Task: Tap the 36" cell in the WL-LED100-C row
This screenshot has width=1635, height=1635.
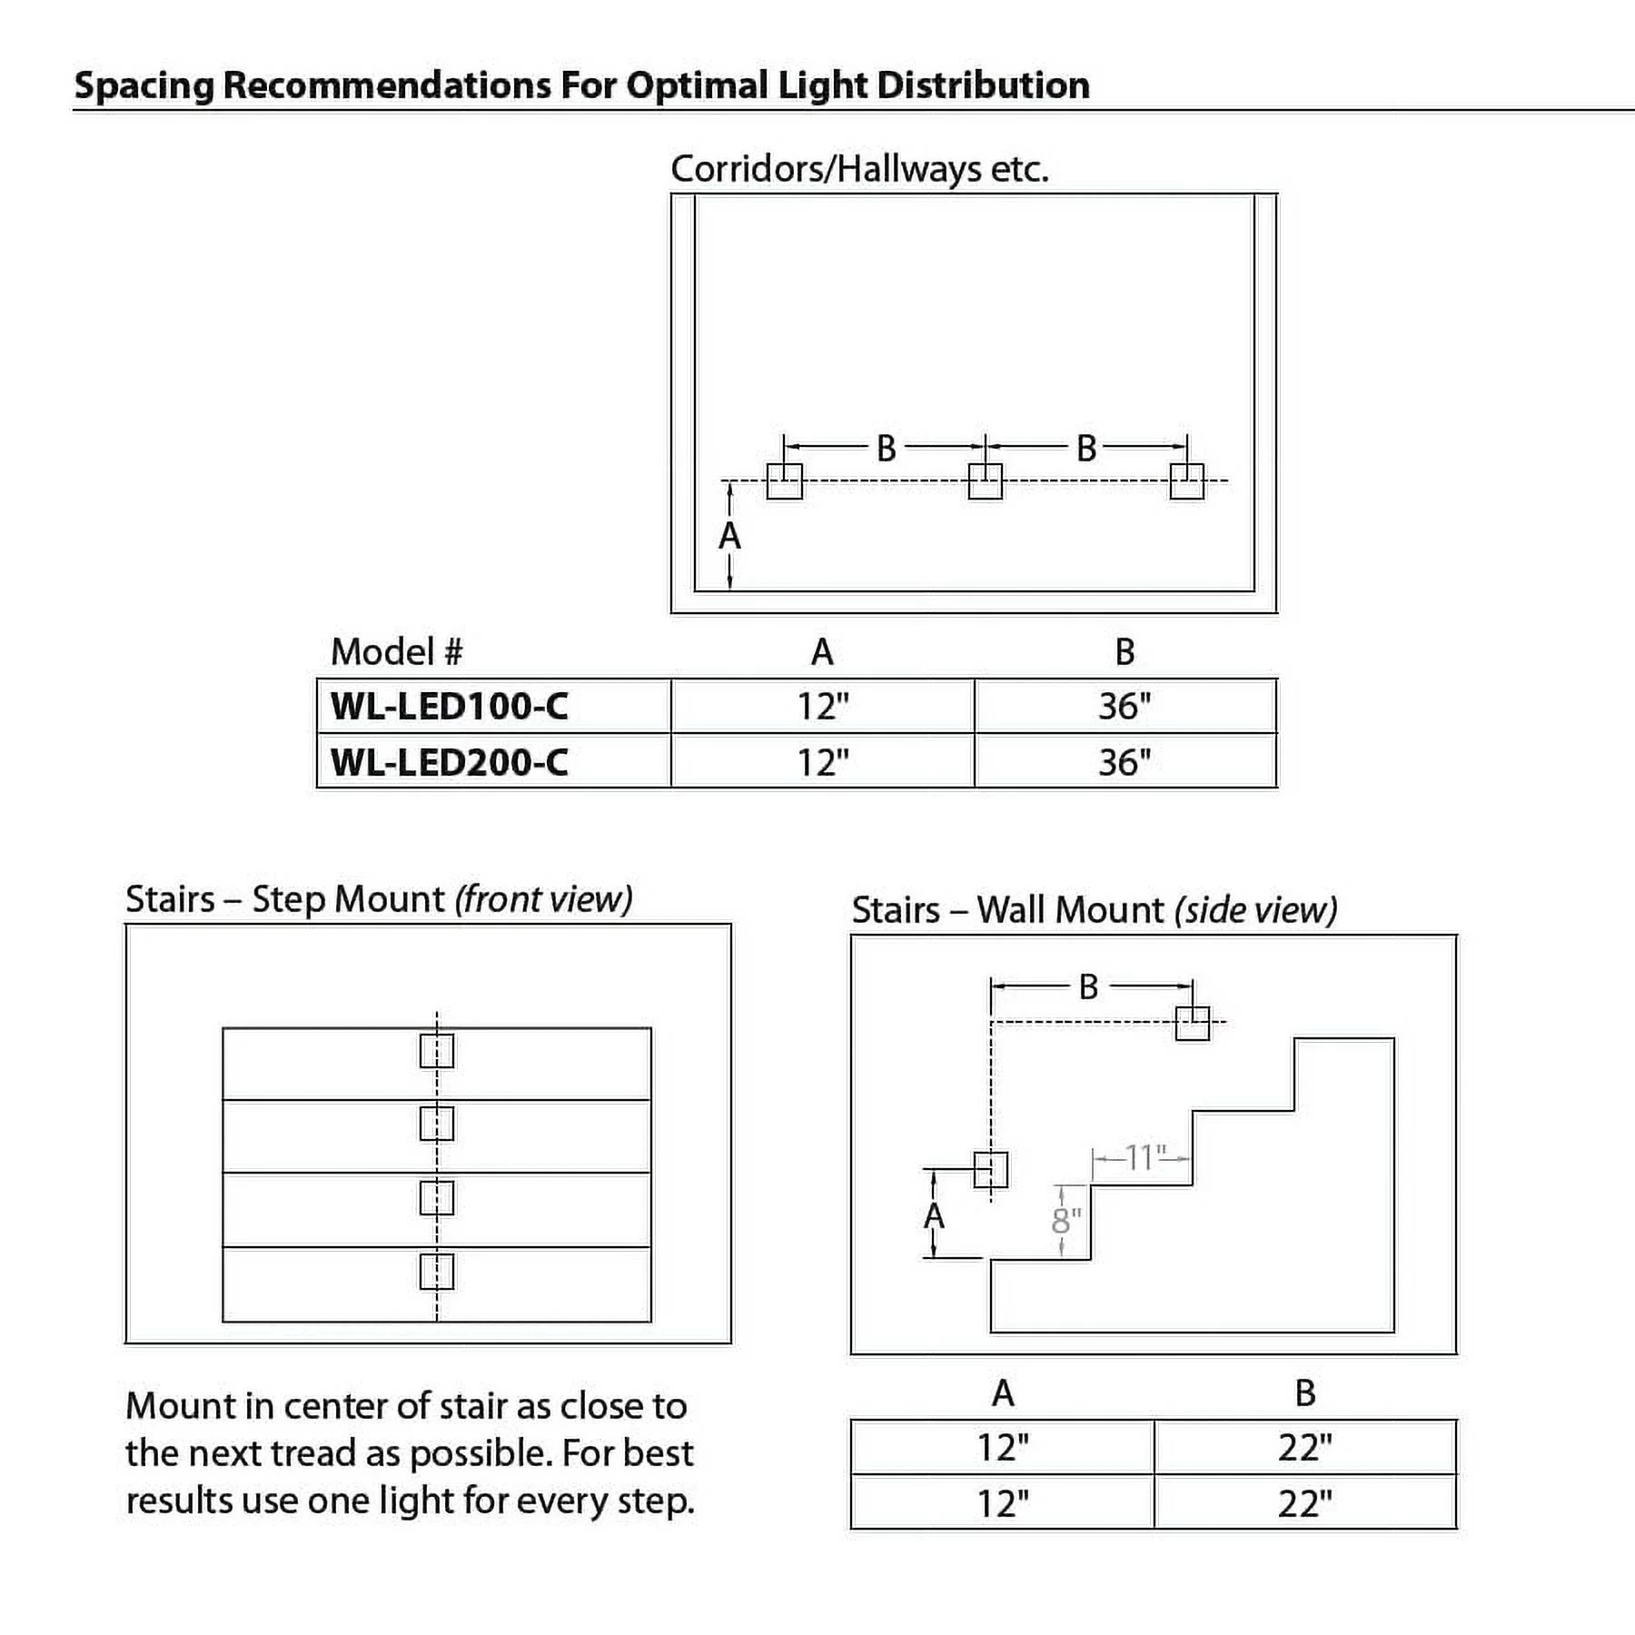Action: [x=1125, y=707]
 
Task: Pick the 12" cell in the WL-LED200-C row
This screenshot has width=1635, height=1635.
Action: [x=823, y=762]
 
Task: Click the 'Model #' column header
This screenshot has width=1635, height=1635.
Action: [x=397, y=651]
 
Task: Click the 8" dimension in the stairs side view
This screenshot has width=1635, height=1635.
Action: [x=1066, y=1222]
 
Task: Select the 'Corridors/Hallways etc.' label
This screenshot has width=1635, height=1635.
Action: [x=859, y=169]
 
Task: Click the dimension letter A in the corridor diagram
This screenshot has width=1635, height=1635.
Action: [x=729, y=537]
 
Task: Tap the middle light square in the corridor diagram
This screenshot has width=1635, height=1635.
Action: [x=986, y=481]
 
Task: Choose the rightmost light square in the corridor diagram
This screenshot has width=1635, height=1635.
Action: [x=1186, y=481]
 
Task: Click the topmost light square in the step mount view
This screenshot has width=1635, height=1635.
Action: [x=437, y=1051]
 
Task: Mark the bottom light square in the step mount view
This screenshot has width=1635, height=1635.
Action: [x=437, y=1272]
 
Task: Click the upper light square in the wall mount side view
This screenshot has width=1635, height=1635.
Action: [x=1193, y=1023]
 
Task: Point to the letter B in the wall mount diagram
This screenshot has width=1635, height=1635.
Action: [x=1088, y=987]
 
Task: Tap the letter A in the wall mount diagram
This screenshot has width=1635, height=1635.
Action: [x=934, y=1215]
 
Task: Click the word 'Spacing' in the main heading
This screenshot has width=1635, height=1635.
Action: [x=144, y=85]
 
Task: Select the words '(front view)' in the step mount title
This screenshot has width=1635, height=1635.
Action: [x=543, y=899]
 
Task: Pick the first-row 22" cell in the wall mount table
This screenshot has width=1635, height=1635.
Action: [x=1304, y=1448]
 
